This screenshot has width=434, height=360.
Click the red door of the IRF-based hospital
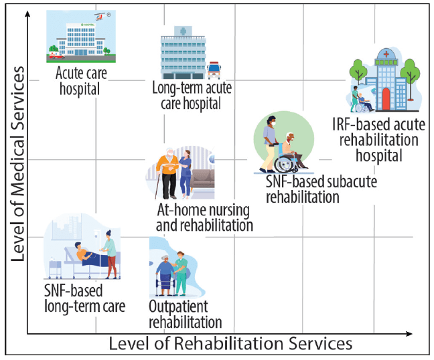[x=385, y=100]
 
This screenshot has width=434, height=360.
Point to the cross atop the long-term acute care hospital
[x=180, y=31]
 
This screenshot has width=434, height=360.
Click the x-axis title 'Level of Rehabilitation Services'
[x=230, y=344]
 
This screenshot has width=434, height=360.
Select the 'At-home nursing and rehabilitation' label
[x=204, y=217]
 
